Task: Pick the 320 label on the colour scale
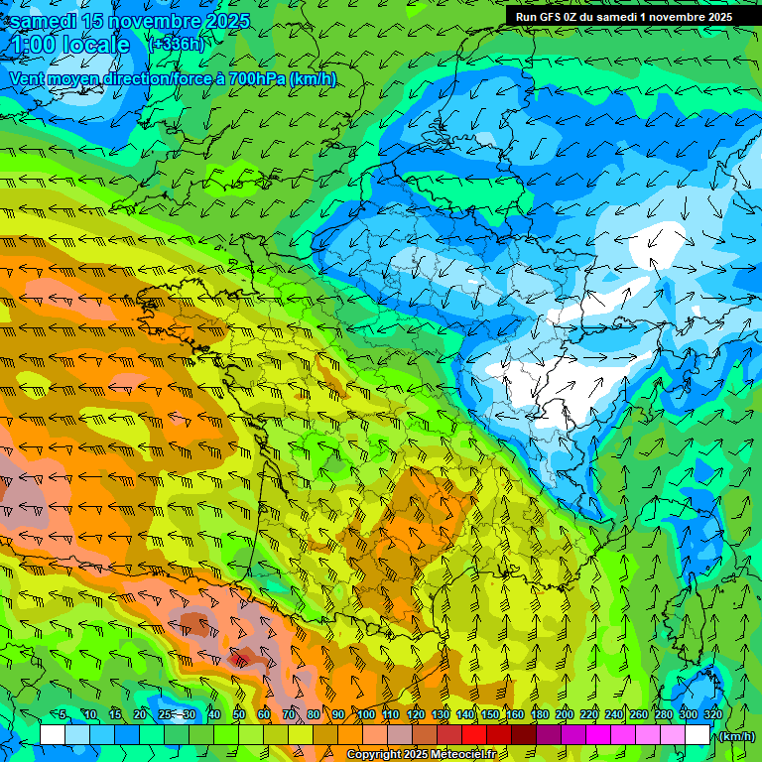(712, 714)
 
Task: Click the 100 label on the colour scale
(366, 714)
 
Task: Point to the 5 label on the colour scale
(63, 714)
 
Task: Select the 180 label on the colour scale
(540, 714)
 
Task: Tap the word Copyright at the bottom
(373, 754)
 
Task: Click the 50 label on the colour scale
(239, 714)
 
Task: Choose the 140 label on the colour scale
(465, 714)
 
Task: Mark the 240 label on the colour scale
(614, 714)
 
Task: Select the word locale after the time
(96, 44)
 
